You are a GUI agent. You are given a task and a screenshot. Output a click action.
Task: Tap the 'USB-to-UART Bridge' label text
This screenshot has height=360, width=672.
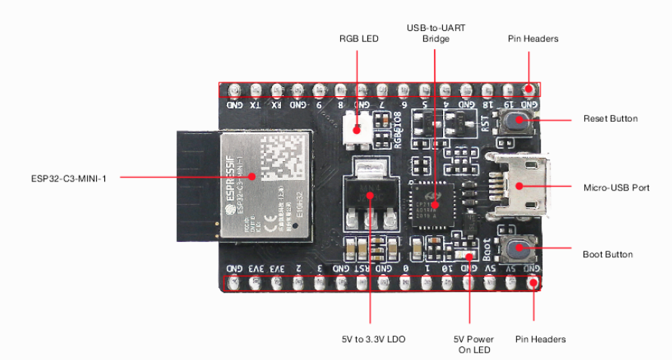point(435,33)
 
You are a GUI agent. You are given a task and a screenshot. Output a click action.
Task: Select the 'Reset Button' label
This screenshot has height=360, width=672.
point(610,119)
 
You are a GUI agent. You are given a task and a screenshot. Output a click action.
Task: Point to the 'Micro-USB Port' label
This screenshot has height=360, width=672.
point(616,188)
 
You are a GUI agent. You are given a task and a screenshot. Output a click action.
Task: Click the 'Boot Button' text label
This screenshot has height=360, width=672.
point(607,254)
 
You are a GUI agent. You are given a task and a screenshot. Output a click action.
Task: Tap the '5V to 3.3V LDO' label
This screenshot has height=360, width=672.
point(371,339)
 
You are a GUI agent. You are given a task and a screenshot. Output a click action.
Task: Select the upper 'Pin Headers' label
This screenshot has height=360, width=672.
point(531,39)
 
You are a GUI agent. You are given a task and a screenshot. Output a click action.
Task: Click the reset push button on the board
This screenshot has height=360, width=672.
point(517,120)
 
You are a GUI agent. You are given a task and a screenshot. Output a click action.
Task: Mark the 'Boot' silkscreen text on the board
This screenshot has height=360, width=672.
point(487,248)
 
